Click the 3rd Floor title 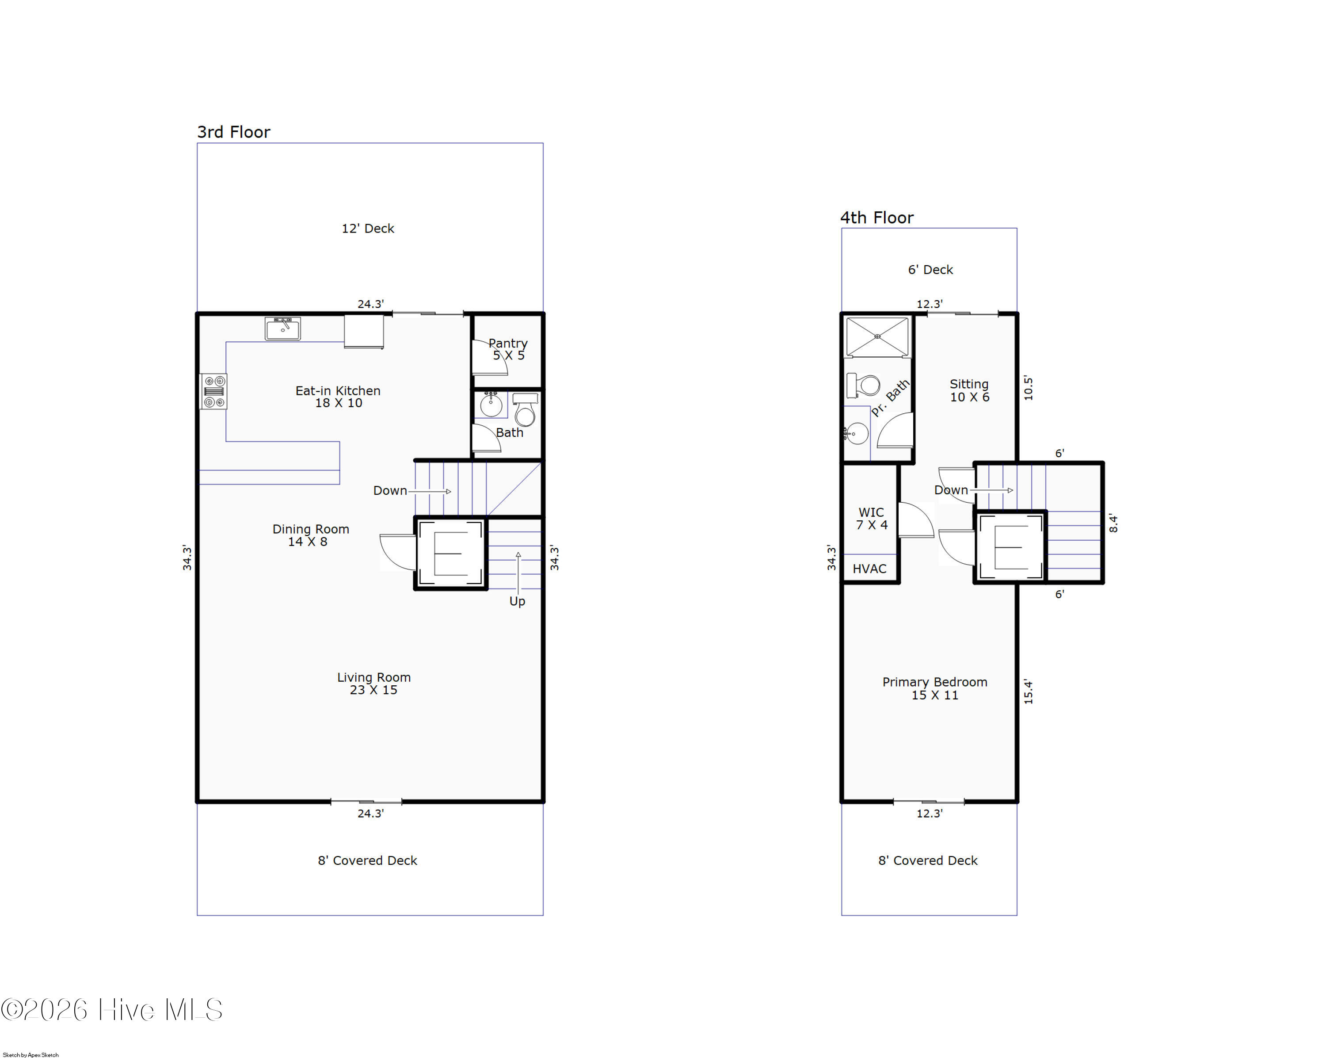pyautogui.click(x=234, y=132)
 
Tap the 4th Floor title pyautogui.click(x=876, y=218)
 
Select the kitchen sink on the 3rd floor pyautogui.click(x=283, y=328)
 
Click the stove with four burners pyautogui.click(x=214, y=392)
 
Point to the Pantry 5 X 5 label pyautogui.click(x=508, y=349)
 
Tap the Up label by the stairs pyautogui.click(x=517, y=601)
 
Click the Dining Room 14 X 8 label pyautogui.click(x=311, y=535)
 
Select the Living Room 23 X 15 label pyautogui.click(x=374, y=684)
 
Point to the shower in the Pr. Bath pyautogui.click(x=877, y=336)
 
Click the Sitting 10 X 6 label pyautogui.click(x=969, y=390)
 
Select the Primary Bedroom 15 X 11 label pyautogui.click(x=935, y=688)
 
